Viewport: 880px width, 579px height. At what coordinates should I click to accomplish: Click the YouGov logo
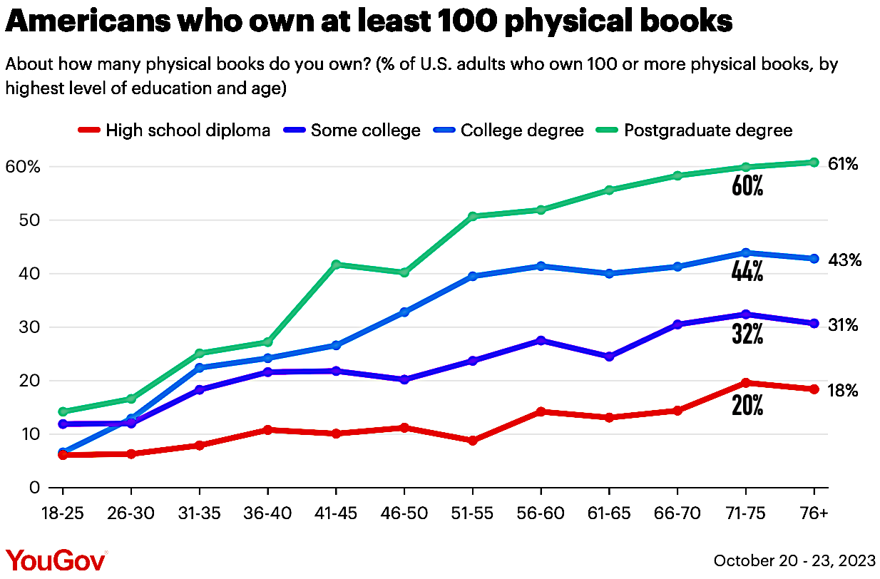pos(56,560)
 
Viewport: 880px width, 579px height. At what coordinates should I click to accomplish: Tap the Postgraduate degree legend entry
pos(708,130)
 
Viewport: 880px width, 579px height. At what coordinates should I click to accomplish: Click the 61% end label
pos(843,164)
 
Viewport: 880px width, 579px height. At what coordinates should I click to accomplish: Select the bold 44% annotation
pos(747,272)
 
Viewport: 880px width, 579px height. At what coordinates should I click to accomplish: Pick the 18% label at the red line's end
pos(843,391)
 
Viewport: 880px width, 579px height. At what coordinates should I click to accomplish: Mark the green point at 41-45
pos(336,265)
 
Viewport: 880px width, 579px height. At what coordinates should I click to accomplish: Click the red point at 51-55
pos(473,441)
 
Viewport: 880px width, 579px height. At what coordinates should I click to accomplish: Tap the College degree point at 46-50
pos(404,312)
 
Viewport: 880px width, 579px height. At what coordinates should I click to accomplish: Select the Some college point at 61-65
pos(609,357)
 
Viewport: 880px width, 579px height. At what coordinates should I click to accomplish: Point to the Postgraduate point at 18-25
pos(63,411)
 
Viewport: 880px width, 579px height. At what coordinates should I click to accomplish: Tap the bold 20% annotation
pos(747,406)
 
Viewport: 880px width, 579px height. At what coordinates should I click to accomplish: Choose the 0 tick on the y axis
pos(34,488)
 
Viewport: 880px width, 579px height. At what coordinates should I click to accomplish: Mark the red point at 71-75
pos(746,383)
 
